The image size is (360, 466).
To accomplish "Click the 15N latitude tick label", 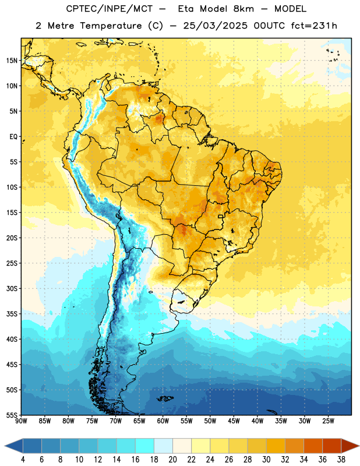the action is tap(12, 61).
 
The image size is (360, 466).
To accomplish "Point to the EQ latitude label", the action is tap(13, 137).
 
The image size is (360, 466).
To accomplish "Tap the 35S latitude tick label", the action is tap(12, 314).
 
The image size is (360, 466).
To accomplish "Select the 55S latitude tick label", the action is tap(12, 415).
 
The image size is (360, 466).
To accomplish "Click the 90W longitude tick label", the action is tap(21, 421).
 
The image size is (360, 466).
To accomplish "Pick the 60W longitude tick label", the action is tap(163, 421).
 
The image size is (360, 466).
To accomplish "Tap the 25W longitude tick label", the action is tap(328, 421).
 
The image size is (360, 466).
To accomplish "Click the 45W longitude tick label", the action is tap(234, 421).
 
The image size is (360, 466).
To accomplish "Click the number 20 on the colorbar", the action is tap(172, 460).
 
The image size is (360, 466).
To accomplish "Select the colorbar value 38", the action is tap(341, 460).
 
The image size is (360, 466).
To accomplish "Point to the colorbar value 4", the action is tap(23, 460).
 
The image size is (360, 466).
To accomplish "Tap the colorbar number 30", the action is tap(266, 460).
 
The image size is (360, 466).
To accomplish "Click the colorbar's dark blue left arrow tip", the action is tap(5, 446).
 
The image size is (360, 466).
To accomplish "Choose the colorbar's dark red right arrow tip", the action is tap(359, 446).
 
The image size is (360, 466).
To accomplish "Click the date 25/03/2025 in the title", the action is tap(215, 26).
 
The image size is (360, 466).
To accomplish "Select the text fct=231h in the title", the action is tap(314, 26).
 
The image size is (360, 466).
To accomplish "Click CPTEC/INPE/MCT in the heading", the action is tap(109, 9).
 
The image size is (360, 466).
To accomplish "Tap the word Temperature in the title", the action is tap(111, 26).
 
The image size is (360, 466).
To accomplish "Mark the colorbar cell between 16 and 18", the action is tap(145, 446).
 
